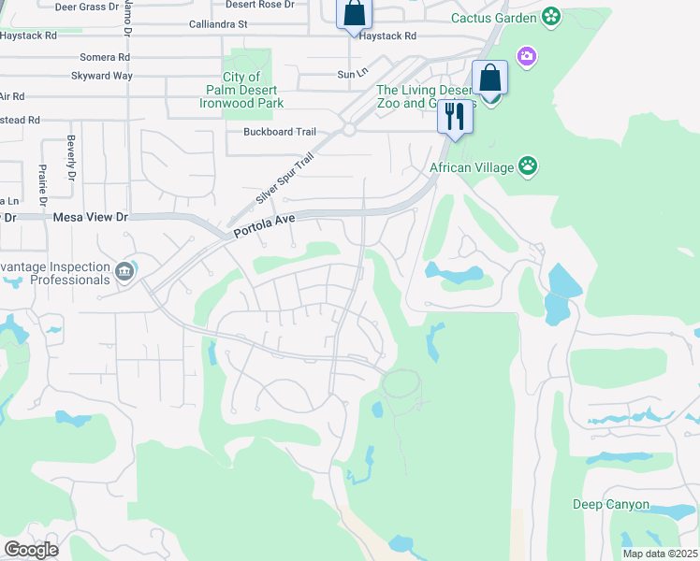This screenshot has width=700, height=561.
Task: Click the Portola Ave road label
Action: pos(265,222)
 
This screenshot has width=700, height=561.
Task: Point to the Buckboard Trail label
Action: pos(274,132)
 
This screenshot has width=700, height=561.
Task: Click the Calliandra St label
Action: pos(217,23)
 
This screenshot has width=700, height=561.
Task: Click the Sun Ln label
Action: pos(349,74)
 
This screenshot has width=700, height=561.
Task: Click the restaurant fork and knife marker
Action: pos(454,117)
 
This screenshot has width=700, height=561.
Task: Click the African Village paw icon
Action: pos(529,166)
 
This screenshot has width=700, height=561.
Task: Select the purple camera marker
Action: pos(528,58)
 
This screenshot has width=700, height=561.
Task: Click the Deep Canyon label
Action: pos(611,505)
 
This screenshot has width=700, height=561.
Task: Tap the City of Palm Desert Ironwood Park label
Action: pos(241,90)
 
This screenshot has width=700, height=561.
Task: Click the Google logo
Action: pos(31,550)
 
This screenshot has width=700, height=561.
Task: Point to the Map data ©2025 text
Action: pos(659,554)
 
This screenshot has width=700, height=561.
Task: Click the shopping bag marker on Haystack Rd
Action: pos(354,14)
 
